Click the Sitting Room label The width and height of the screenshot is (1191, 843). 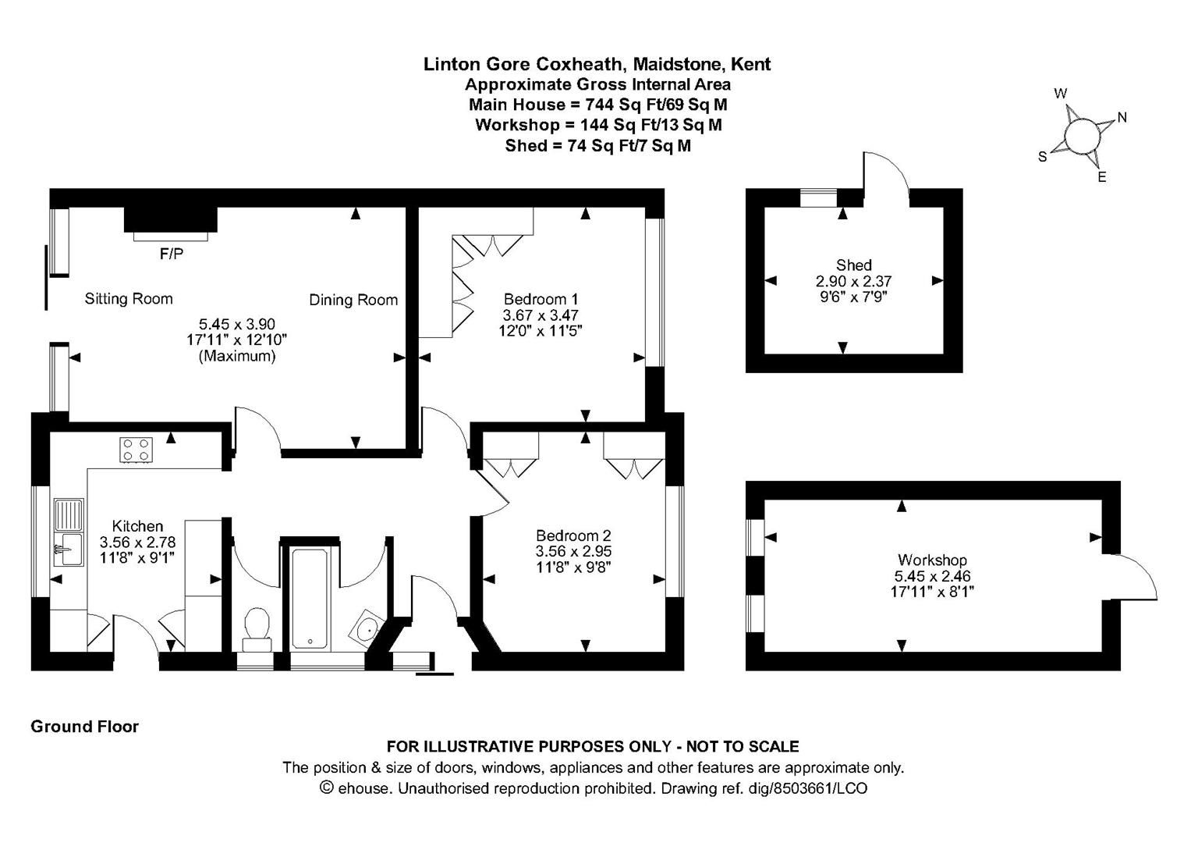pos(129,298)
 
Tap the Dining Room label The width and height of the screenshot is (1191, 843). pos(353,300)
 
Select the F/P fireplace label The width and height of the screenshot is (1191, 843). pos(172,254)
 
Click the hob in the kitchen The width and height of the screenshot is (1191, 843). pos(136,450)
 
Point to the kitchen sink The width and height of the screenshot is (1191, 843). pos(69,531)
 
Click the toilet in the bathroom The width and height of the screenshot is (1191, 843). pos(255,628)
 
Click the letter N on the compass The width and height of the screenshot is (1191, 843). pos(1122,118)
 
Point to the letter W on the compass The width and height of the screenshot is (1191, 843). pos(1061,94)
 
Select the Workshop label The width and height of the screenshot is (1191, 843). pos(932,560)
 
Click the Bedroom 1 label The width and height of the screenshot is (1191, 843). pos(541,299)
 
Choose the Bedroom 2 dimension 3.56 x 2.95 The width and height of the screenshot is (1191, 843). pos(572,551)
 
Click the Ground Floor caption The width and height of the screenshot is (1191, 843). pos(84,727)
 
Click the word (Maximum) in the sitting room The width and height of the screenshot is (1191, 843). pos(237,356)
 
